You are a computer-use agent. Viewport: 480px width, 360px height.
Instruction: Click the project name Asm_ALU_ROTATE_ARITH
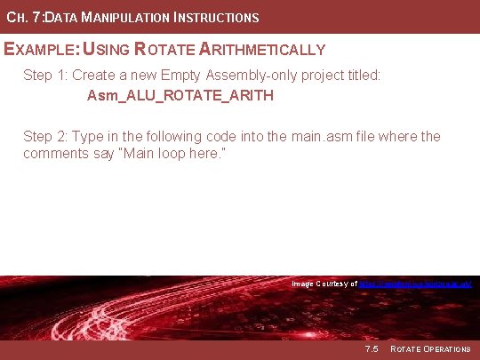pyautogui.click(x=180, y=95)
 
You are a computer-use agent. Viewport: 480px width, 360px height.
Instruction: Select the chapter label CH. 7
pyautogui.click(x=22, y=17)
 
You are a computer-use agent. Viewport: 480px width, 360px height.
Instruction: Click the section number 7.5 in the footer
pyautogui.click(x=371, y=348)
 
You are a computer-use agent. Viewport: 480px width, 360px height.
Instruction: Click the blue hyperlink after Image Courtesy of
pyautogui.click(x=413, y=284)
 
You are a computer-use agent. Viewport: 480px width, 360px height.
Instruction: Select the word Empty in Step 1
pyautogui.click(x=183, y=76)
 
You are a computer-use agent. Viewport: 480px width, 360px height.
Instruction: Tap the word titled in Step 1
pyautogui.click(x=360, y=76)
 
